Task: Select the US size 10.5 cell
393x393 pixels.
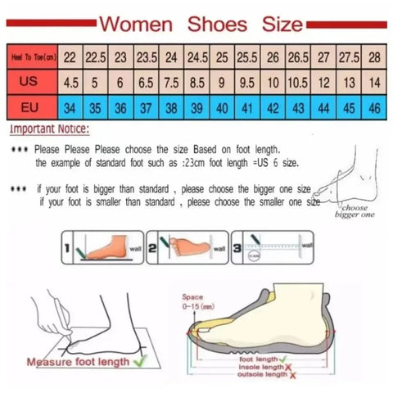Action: coord(299,84)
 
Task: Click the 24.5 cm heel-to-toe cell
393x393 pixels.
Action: coord(198,59)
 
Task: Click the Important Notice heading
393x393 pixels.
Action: coord(50,130)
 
